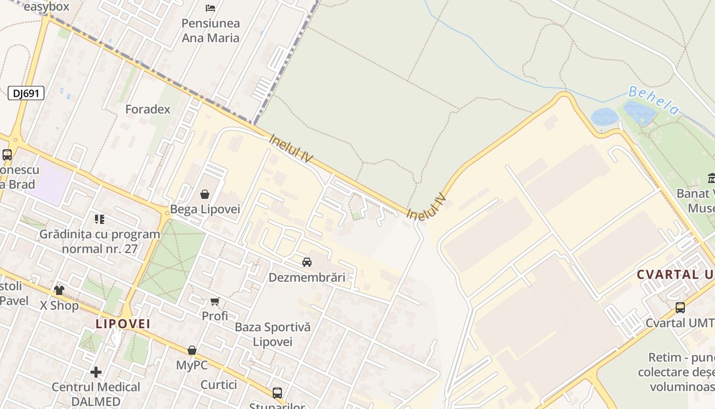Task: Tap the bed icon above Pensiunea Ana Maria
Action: (210, 8)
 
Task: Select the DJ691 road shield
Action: (26, 93)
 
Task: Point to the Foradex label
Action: (148, 109)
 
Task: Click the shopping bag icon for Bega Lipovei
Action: (205, 194)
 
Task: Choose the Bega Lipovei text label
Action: (205, 209)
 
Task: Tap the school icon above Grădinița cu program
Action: (100, 219)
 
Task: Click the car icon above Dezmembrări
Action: (307, 262)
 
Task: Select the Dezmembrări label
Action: (307, 278)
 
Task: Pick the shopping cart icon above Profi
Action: (215, 302)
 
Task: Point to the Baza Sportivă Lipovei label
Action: (273, 334)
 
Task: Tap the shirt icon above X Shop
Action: (59, 290)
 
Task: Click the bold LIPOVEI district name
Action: (123, 324)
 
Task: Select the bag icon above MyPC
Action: (192, 350)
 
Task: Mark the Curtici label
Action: (219, 384)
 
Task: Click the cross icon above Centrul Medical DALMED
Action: (96, 372)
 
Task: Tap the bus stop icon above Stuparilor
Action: (277, 393)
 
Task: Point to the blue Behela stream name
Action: (654, 100)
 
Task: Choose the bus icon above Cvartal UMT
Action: (680, 308)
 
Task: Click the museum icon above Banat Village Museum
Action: (711, 178)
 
